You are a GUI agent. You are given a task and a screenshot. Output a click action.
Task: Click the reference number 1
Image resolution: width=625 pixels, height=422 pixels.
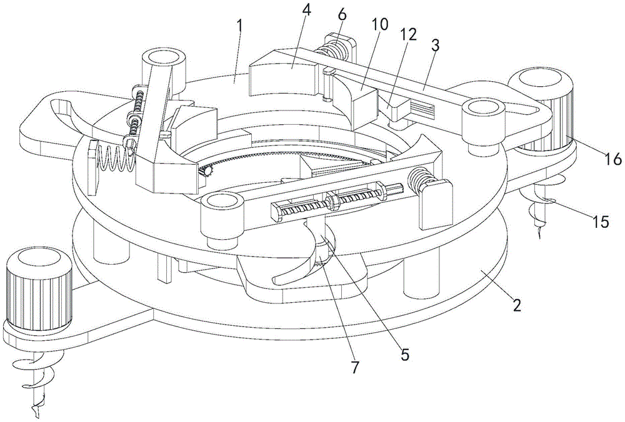pyautogui.click(x=239, y=27)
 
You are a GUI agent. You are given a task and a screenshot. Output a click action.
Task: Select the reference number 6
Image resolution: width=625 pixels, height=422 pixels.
pyautogui.click(x=342, y=14)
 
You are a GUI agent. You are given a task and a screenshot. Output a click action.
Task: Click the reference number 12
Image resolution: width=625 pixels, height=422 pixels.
pyautogui.click(x=409, y=35)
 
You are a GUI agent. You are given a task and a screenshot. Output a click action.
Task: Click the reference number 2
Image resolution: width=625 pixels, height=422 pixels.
pyautogui.click(x=517, y=305)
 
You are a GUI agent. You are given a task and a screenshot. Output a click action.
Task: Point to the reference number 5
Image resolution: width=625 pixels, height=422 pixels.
pyautogui.click(x=404, y=354)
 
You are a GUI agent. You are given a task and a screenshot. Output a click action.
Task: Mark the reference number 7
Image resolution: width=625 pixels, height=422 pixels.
pyautogui.click(x=355, y=366)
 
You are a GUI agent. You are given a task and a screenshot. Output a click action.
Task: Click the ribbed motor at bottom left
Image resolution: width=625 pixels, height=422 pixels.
pyautogui.click(x=39, y=290)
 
